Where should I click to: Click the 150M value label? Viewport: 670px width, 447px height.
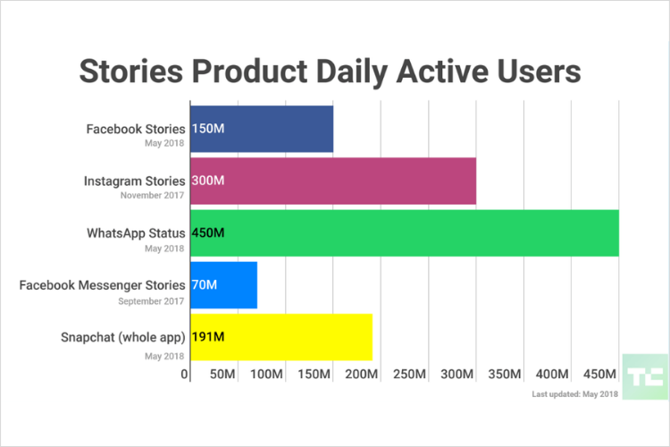207,129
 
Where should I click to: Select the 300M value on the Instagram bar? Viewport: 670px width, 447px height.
208,181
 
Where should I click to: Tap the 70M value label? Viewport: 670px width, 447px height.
204,284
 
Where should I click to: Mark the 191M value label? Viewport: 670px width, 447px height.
207,337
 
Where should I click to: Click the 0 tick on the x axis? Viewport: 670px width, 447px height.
185,374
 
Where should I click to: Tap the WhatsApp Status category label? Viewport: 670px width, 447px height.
136,232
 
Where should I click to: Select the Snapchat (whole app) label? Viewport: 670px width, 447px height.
123,337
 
